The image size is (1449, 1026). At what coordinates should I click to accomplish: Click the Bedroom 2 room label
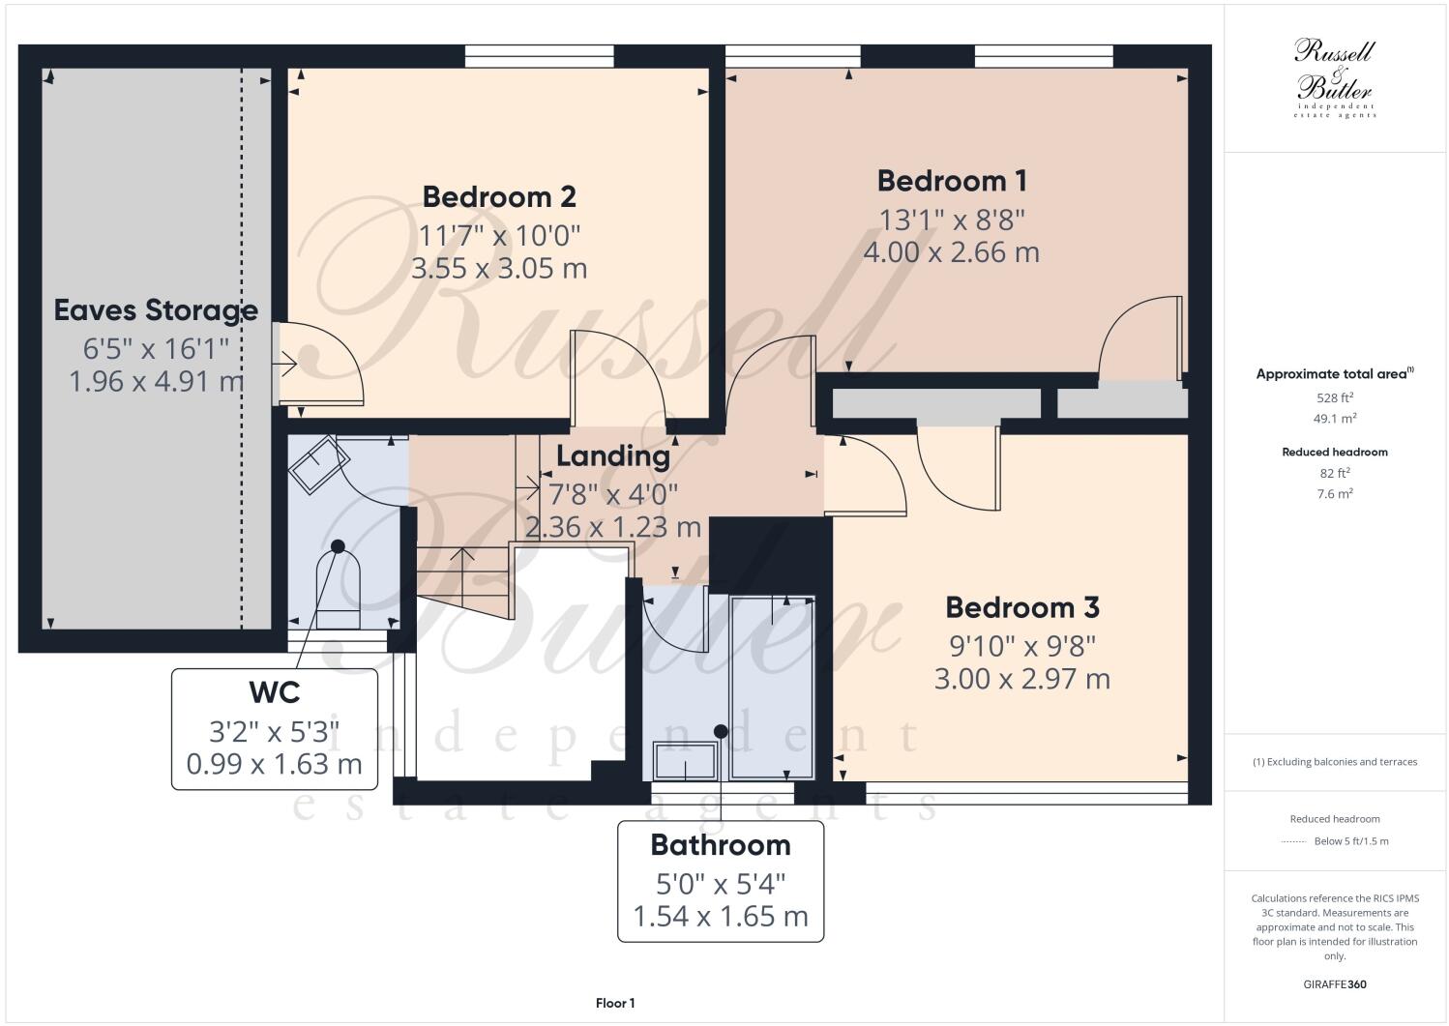[x=499, y=196]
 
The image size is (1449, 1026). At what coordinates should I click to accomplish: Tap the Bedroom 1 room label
[x=952, y=181]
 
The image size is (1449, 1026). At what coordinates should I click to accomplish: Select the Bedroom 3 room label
[x=1021, y=607]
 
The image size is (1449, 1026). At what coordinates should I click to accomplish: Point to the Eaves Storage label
[x=156, y=310]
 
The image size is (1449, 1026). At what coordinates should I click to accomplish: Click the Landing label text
[x=612, y=455]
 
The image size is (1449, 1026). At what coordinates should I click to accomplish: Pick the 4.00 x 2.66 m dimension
[x=952, y=252]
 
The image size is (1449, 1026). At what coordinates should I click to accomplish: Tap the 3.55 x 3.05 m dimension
[x=499, y=268]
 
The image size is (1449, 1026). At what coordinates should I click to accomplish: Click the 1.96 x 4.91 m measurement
[x=156, y=381]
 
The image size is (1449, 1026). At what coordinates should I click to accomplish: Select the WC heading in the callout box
[x=274, y=692]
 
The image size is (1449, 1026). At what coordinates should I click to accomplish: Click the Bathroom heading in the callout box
[x=721, y=845]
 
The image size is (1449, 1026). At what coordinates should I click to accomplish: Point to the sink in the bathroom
[x=686, y=761]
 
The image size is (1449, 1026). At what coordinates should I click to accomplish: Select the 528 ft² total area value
[x=1334, y=397]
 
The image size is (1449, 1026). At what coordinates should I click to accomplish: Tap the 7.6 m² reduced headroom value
[x=1334, y=494]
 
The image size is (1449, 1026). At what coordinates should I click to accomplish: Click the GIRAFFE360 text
[x=1334, y=985]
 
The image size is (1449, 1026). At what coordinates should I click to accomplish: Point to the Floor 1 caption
[x=615, y=1004]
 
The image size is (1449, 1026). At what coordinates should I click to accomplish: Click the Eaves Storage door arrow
[x=283, y=365]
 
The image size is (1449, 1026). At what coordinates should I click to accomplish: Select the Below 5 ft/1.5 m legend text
[x=1350, y=841]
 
